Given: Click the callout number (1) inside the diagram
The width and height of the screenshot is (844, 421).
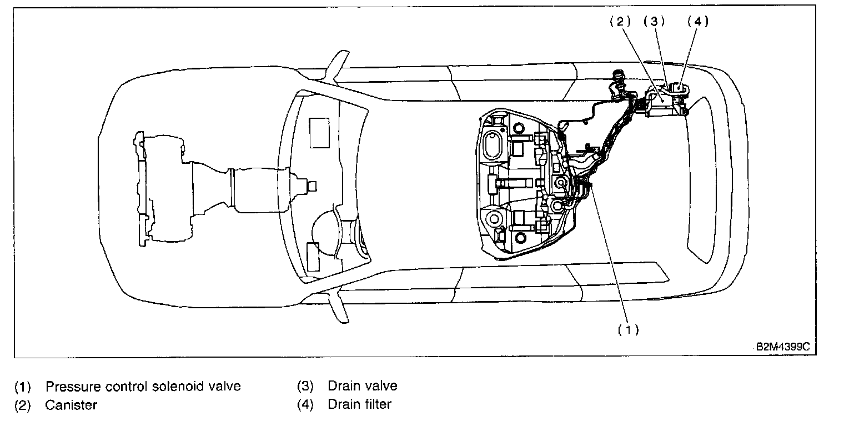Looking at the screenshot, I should [x=628, y=330].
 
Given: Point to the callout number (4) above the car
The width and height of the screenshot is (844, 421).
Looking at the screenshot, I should [x=698, y=22].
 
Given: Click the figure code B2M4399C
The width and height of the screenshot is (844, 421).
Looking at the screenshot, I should [x=783, y=347].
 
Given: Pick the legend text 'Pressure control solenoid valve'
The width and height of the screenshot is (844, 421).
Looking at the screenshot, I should [x=143, y=386].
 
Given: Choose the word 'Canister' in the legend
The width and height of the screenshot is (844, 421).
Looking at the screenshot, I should [x=71, y=405].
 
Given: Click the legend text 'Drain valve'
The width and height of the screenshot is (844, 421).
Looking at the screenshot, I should [x=363, y=386].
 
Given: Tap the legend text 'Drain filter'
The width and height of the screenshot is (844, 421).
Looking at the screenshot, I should [x=359, y=404].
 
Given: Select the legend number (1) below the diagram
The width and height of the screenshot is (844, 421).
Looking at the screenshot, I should [x=23, y=386].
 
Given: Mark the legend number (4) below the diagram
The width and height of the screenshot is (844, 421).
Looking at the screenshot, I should [x=305, y=404].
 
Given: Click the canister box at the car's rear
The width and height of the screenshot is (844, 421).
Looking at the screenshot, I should [x=664, y=103].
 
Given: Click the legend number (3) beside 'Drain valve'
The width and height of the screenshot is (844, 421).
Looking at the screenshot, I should [x=305, y=386].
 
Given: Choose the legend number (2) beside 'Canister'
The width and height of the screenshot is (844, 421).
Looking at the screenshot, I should [x=23, y=405].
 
